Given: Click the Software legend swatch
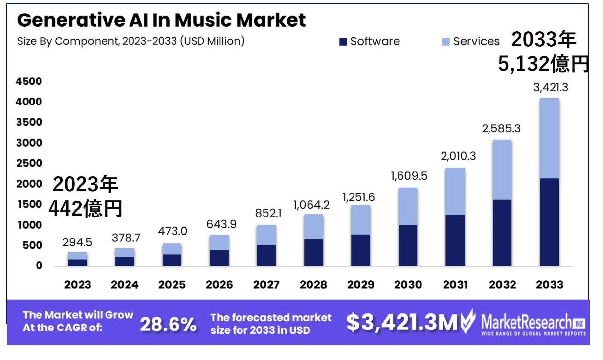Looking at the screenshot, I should pyautogui.click(x=343, y=42).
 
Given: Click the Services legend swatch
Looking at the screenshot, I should pyautogui.click(x=446, y=42).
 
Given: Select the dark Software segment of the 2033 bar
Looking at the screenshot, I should pyautogui.click(x=549, y=222).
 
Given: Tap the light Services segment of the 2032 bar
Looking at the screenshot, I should pyautogui.click(x=502, y=169).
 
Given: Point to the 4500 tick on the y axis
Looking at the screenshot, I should pyautogui.click(x=29, y=81).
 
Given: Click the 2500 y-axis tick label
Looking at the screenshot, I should pyautogui.click(x=29, y=163).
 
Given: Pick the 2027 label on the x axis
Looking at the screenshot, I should pyautogui.click(x=266, y=285).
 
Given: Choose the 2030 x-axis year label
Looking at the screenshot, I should pyautogui.click(x=408, y=285).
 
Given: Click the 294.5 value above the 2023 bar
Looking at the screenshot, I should pyautogui.click(x=77, y=242).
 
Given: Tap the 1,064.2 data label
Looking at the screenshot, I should pyautogui.click(x=311, y=205).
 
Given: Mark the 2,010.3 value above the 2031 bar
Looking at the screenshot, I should pyautogui.click(x=458, y=156).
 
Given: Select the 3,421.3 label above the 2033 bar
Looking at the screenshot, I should pyautogui.click(x=551, y=87).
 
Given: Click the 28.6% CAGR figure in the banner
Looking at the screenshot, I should pyautogui.click(x=168, y=324).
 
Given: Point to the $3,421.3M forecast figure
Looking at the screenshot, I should pyautogui.click(x=402, y=322).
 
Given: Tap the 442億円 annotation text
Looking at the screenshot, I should pyautogui.click(x=85, y=208).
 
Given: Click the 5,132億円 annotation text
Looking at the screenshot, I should pyautogui.click(x=543, y=64).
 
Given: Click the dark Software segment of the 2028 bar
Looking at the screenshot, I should pyautogui.click(x=313, y=252).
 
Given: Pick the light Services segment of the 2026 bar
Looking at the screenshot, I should pyautogui.click(x=219, y=243).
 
